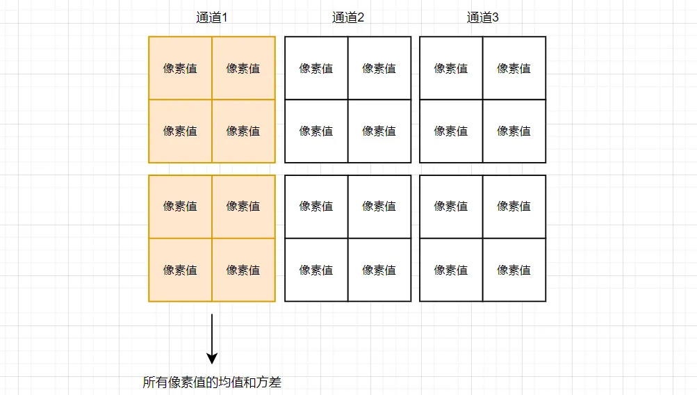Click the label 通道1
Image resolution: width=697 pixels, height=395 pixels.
[211, 17]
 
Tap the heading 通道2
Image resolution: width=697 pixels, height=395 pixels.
[348, 17]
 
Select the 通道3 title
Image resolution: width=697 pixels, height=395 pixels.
[483, 17]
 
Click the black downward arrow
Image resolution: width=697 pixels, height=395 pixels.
[212, 339]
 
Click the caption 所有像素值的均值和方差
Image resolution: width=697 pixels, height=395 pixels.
[212, 382]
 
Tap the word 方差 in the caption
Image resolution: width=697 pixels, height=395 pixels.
[268, 382]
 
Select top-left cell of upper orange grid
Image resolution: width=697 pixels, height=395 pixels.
[181, 68]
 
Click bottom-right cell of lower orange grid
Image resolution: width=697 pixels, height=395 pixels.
[244, 270]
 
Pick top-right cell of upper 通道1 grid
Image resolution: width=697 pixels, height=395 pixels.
[244, 68]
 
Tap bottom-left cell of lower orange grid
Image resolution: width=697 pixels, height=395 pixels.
[181, 270]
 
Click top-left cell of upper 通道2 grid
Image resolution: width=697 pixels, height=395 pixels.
[316, 68]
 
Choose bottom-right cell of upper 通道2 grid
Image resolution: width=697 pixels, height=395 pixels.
[379, 131]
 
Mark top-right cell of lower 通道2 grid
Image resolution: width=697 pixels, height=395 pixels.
[379, 207]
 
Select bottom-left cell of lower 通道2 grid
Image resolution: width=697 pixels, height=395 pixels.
[316, 270]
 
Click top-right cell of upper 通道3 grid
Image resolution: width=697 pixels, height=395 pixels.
[514, 68]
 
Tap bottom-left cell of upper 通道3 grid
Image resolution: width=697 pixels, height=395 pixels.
[451, 131]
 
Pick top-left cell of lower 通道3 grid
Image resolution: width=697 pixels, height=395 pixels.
[451, 207]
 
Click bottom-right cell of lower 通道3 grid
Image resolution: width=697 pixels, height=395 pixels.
[514, 270]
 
